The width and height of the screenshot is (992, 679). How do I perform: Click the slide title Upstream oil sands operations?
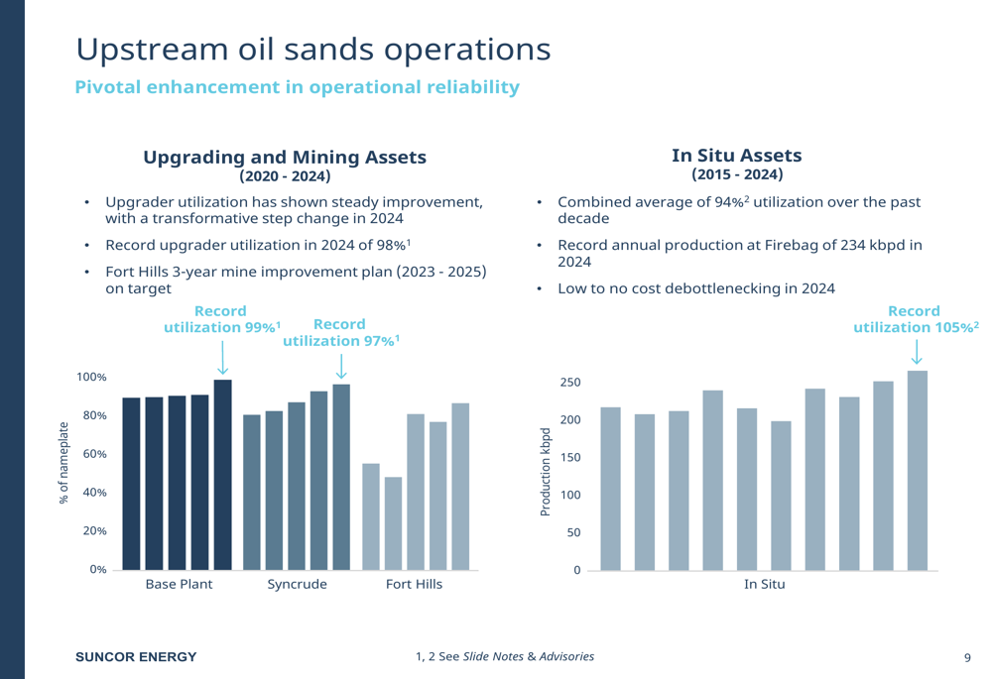coord(312,49)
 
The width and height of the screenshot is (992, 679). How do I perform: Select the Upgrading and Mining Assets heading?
coord(285,158)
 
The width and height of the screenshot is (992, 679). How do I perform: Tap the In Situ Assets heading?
coord(736,156)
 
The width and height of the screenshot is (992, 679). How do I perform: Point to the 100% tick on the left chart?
coord(91,378)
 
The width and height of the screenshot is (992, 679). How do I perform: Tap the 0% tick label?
coord(95,569)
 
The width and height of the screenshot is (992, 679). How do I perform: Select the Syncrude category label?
coord(297,585)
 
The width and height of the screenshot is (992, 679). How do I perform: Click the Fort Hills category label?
coord(414,585)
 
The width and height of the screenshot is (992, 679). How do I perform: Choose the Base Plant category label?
coord(176,585)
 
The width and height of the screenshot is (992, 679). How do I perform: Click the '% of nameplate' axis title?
coord(64,463)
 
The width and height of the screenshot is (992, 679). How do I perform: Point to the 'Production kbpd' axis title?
coord(545,472)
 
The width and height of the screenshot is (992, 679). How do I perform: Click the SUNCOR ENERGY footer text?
coord(137,656)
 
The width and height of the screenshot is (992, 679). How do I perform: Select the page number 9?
coord(967,656)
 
